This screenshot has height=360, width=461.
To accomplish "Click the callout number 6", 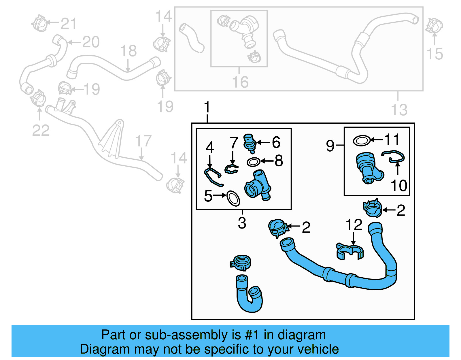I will tap(276, 142).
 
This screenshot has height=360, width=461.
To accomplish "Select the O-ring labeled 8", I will tap(253, 162).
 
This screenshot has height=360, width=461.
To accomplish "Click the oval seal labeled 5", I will tap(233, 198).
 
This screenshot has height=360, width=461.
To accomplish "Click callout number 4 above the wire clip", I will tap(210, 148).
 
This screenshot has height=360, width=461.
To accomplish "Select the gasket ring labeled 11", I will tap(362, 141).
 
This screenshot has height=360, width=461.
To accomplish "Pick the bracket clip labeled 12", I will tap(350, 251).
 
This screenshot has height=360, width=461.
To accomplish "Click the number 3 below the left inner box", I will tap(242, 223).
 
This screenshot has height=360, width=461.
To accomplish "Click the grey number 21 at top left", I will tap(69, 23).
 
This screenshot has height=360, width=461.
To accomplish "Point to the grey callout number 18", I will tap(128, 51).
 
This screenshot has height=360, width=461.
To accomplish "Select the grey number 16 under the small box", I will tap(240, 82).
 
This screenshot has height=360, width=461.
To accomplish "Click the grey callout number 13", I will tap(399, 110).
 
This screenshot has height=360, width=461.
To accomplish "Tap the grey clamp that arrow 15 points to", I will tap(434, 25).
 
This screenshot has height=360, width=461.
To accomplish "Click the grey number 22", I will tap(41, 130).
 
